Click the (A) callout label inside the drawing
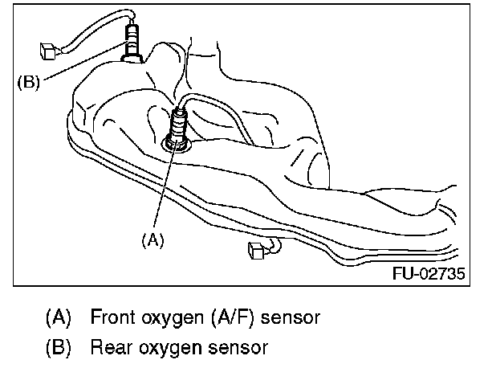tap(152, 239)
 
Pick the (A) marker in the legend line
tap(58, 317)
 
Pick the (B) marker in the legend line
tap(58, 348)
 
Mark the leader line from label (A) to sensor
tap(164, 189)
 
